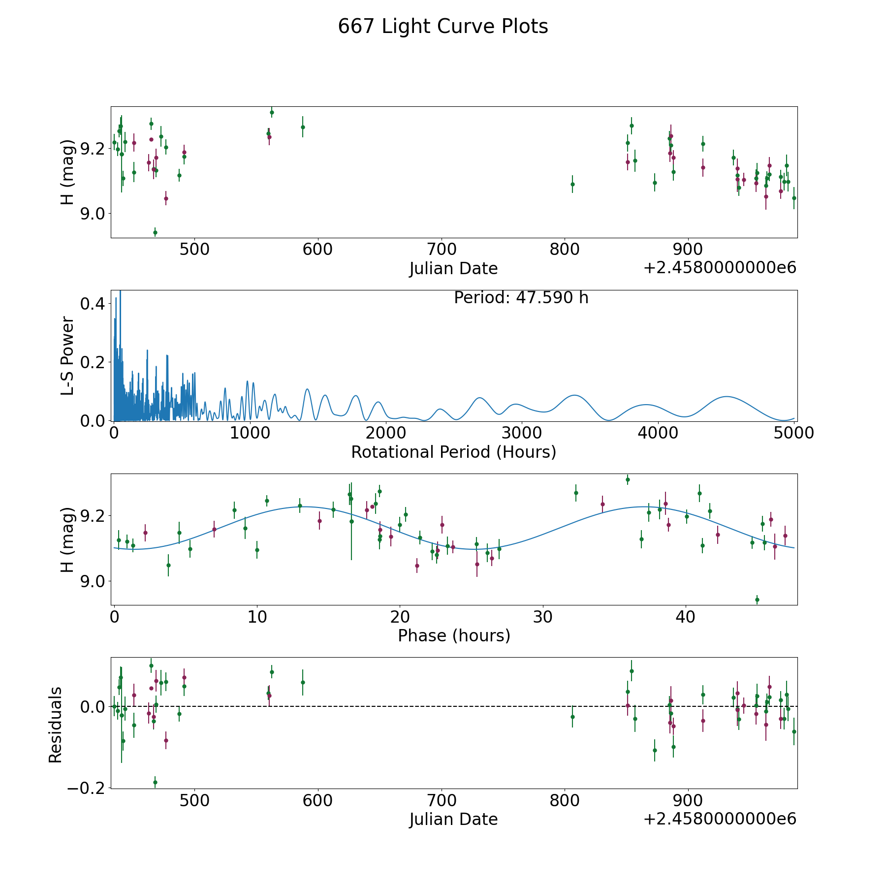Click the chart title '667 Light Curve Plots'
tap(443, 27)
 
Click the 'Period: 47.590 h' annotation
tap(521, 298)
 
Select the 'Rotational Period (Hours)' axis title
tap(454, 452)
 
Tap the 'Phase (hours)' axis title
tap(454, 635)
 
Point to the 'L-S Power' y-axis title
tap(68, 356)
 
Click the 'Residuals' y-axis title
tap(56, 725)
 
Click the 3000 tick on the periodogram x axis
tap(521, 433)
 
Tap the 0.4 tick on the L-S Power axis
tap(93, 304)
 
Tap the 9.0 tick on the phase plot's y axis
tap(93, 581)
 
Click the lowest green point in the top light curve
tap(155, 232)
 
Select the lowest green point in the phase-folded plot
tap(757, 600)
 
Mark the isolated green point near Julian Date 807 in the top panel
tap(572, 184)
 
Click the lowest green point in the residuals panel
tap(155, 782)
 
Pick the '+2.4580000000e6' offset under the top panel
tap(720, 268)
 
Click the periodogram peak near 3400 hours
tap(574, 395)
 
